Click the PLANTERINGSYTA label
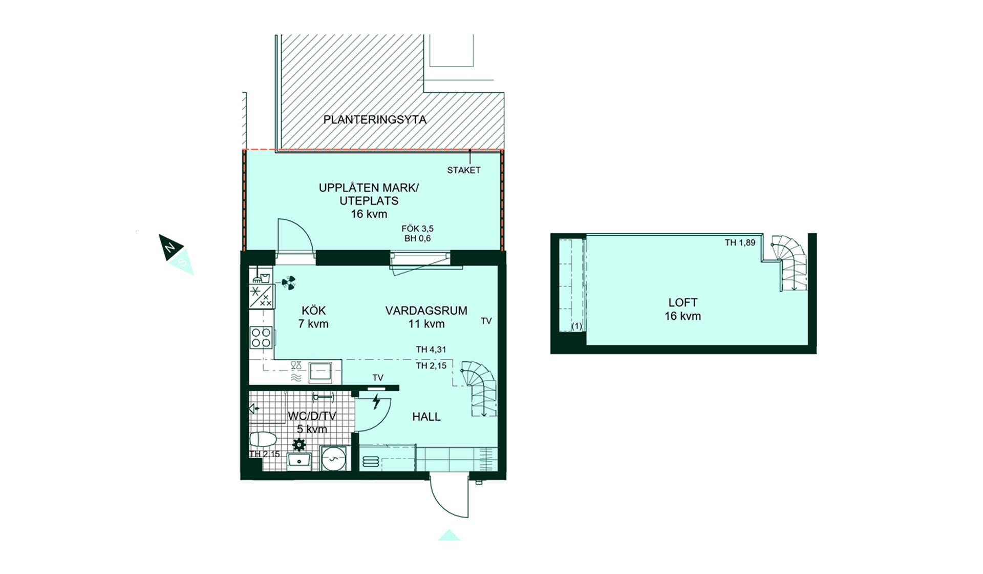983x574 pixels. [375, 120]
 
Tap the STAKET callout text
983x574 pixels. [464, 170]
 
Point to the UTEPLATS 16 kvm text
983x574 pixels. [369, 208]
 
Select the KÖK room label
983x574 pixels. [313, 311]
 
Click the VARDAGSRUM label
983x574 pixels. [426, 311]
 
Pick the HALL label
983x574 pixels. [426, 417]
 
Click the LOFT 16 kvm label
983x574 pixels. [683, 310]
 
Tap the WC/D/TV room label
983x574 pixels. [312, 416]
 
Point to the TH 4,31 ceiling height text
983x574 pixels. [431, 350]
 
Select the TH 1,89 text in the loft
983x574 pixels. [740, 243]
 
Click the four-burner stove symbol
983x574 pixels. [261, 337]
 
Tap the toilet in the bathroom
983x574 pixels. [263, 440]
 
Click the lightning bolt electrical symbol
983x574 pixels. [377, 401]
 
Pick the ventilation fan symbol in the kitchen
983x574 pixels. [289, 282]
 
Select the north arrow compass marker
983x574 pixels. [171, 248]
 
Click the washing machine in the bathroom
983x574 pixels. [333, 458]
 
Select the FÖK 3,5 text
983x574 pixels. [417, 229]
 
